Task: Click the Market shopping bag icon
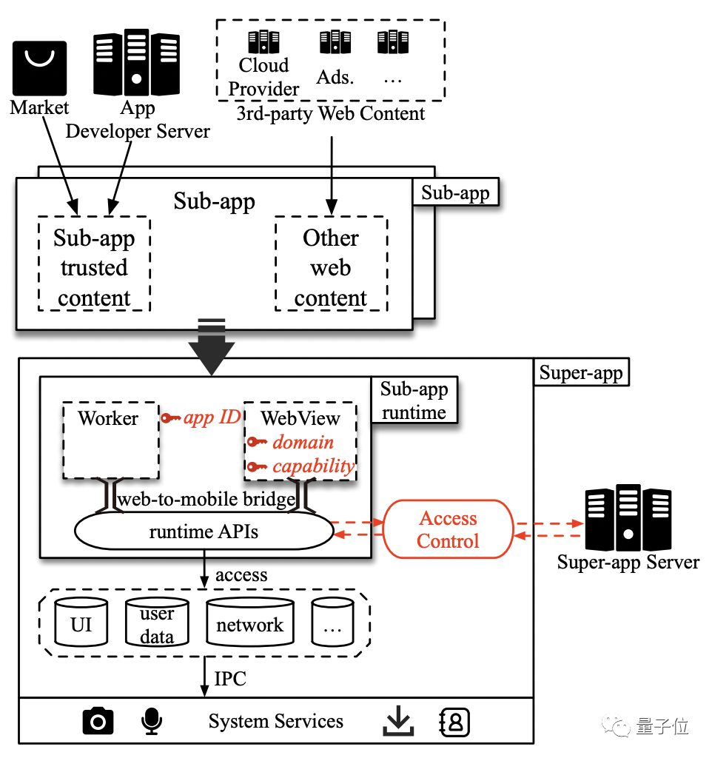point(39,68)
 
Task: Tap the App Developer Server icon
point(136,62)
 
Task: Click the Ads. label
point(335,77)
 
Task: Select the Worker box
point(110,440)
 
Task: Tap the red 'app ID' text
point(212,417)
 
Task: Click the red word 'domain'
point(303,443)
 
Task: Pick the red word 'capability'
point(313,466)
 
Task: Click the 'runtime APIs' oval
point(204,531)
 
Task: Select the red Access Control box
point(448,530)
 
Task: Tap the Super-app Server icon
point(628,517)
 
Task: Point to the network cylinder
point(249,624)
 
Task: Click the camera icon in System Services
point(98,721)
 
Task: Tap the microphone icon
point(151,721)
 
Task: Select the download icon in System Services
point(398,721)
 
